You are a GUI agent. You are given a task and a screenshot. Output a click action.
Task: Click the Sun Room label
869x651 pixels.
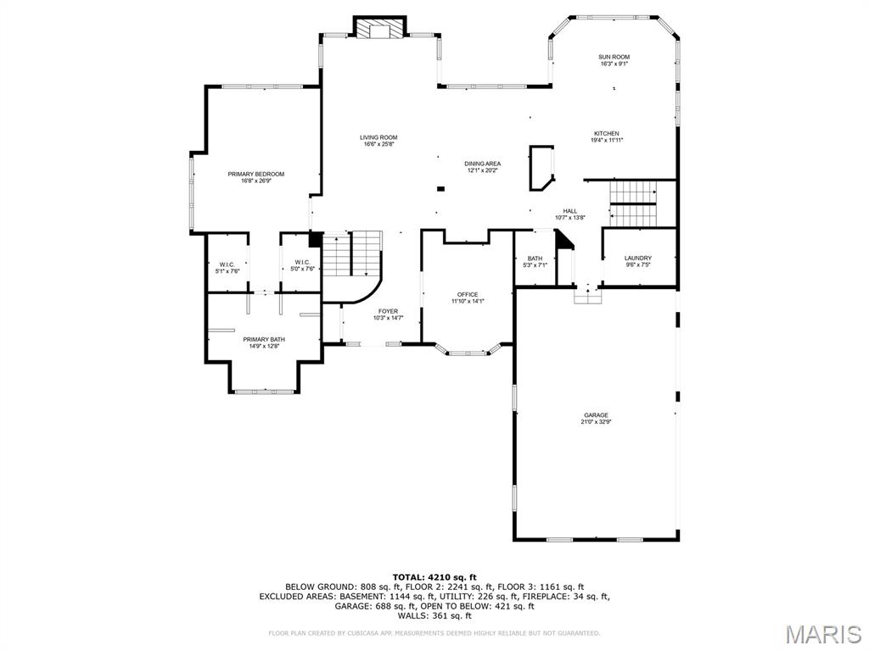614,57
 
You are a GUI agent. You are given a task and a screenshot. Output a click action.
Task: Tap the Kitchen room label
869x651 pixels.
606,133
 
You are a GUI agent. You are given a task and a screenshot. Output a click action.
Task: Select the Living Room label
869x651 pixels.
378,137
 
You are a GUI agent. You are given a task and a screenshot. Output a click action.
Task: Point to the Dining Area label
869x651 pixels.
482,164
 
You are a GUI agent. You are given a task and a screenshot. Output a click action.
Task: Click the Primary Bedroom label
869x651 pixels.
255,174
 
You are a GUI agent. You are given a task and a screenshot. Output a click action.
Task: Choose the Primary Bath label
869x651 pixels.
264,339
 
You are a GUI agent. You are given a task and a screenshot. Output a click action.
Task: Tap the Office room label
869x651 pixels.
468,294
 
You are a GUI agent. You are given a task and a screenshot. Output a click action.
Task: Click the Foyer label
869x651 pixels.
388,311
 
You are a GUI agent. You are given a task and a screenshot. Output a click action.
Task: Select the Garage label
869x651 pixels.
596,415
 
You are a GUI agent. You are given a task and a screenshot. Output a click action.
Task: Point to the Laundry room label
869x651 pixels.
638,258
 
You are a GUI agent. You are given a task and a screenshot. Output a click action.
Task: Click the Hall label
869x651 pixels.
569,211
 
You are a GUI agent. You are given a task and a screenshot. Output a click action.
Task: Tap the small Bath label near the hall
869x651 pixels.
535,259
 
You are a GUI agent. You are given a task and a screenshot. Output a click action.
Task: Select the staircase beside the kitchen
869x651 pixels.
634,204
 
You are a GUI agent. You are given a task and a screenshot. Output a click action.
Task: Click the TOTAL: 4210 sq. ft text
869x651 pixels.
434,577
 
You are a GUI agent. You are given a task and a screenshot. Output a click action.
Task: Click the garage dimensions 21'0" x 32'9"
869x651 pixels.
596,422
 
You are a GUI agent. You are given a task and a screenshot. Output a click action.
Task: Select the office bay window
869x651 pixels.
468,350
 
